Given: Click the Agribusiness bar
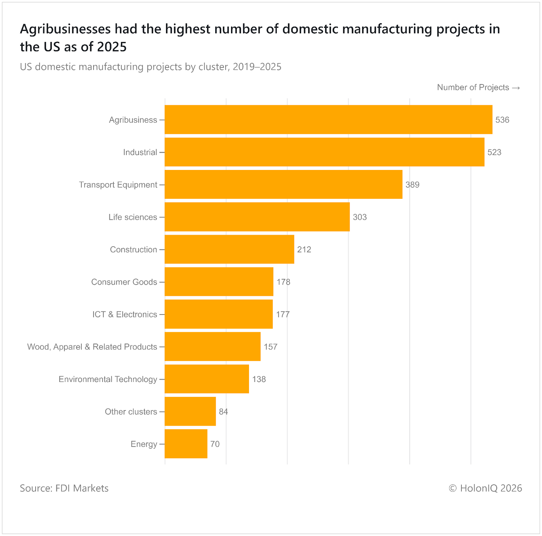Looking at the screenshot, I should tap(328, 119).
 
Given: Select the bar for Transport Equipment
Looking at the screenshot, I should tap(284, 185).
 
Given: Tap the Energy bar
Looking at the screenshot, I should tap(186, 444).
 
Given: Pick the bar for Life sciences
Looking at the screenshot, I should tap(257, 217).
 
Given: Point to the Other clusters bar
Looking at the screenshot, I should tap(190, 411).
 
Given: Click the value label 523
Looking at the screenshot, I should tap(494, 152).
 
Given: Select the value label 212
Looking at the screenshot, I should tap(304, 250).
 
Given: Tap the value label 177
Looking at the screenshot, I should tap(283, 314).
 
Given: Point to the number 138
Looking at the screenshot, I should tap(259, 379).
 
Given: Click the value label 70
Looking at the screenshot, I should tap(215, 444).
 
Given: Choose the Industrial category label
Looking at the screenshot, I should tap(140, 152).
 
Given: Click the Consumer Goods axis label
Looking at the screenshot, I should tap(124, 282).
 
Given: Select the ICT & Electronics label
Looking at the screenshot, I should tap(125, 314).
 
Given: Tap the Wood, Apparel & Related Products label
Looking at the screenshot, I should tap(92, 347).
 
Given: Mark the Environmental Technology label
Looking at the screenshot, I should tap(108, 379).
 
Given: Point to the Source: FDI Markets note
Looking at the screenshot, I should tap(64, 488).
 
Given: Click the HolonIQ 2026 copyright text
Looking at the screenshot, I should tap(485, 488).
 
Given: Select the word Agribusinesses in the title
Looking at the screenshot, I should tap(65, 29).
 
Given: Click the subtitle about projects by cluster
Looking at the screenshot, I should tap(150, 67).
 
